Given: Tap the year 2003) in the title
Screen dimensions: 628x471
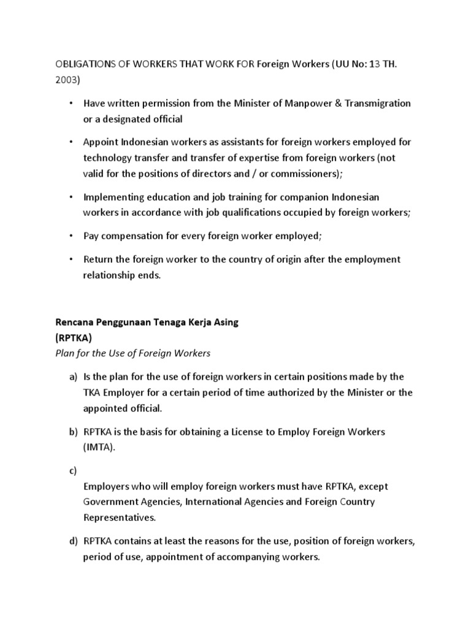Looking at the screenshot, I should [x=69, y=80].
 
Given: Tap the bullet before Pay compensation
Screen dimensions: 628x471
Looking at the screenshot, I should [x=71, y=236].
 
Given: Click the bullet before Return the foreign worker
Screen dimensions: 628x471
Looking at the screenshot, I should [x=71, y=259].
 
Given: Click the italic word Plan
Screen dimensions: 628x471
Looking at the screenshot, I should [x=66, y=353].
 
